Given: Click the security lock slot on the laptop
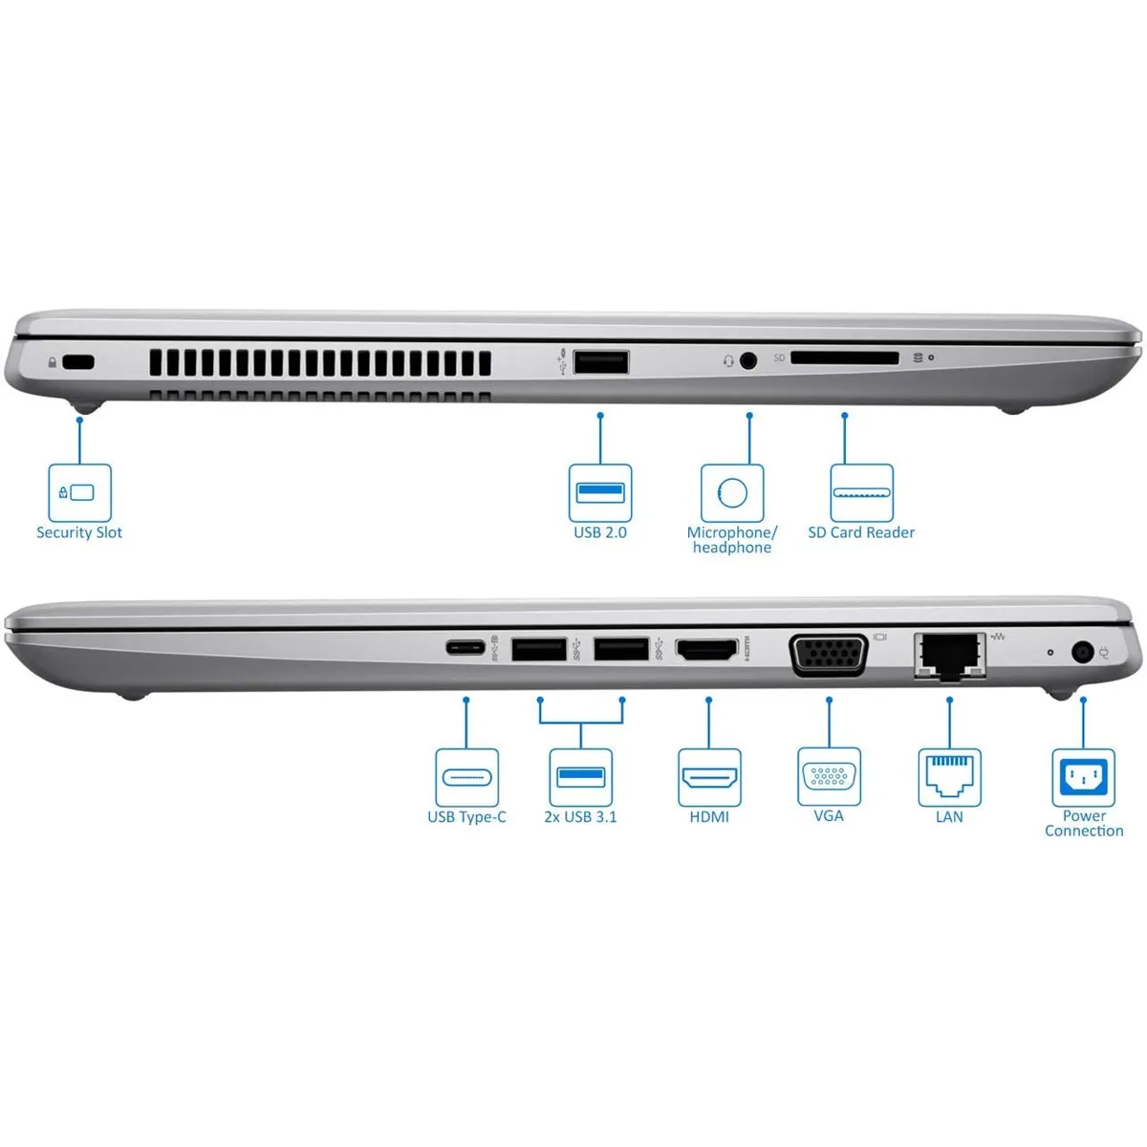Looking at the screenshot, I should click(78, 362).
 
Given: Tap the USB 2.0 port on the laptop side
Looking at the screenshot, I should click(601, 362).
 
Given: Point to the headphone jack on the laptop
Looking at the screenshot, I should click(748, 360).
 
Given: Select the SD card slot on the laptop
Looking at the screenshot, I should click(845, 358).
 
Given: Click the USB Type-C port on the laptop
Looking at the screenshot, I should click(466, 647).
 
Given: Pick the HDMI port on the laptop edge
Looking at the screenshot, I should click(707, 650).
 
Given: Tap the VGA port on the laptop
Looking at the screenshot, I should click(828, 655).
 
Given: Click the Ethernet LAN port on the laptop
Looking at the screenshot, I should click(949, 657).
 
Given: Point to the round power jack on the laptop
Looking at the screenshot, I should click(1083, 653).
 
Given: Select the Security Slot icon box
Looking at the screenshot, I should click(80, 492).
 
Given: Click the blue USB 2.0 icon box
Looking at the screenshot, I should click(600, 492).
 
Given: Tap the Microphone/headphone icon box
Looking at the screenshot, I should click(732, 493).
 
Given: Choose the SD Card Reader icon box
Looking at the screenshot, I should click(861, 493).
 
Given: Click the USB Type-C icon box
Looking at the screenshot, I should click(466, 777).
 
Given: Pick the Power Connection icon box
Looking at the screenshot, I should click(1083, 777).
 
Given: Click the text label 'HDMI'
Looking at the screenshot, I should click(709, 817).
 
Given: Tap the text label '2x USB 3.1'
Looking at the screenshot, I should click(580, 817).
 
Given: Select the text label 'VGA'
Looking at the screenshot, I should click(829, 816).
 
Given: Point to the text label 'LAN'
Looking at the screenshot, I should click(949, 817).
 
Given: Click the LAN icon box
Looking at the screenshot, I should click(949, 777).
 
